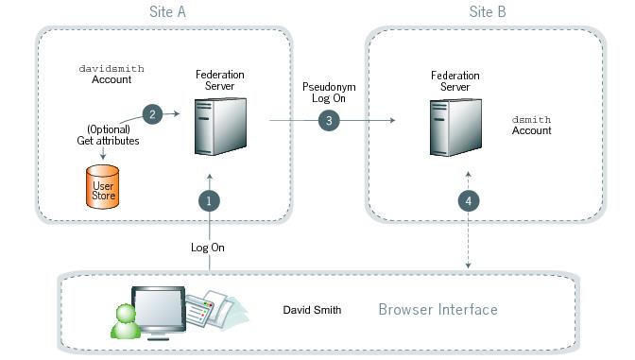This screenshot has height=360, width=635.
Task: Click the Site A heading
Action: [166, 11]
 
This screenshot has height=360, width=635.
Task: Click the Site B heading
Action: [487, 11]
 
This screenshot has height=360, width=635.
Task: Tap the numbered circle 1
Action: [210, 200]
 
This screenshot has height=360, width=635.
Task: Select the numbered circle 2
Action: [153, 113]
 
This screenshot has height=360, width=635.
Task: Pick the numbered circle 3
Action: [328, 121]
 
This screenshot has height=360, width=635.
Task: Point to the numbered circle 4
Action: [466, 200]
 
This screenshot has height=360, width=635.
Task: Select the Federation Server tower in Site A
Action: [214, 127]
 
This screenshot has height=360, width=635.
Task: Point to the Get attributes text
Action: [108, 141]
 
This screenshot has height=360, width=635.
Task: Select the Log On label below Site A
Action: [209, 248]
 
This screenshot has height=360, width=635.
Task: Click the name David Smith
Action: [312, 310]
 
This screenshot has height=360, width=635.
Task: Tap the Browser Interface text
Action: [438, 310]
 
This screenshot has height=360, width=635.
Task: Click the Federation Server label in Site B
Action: [450, 80]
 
